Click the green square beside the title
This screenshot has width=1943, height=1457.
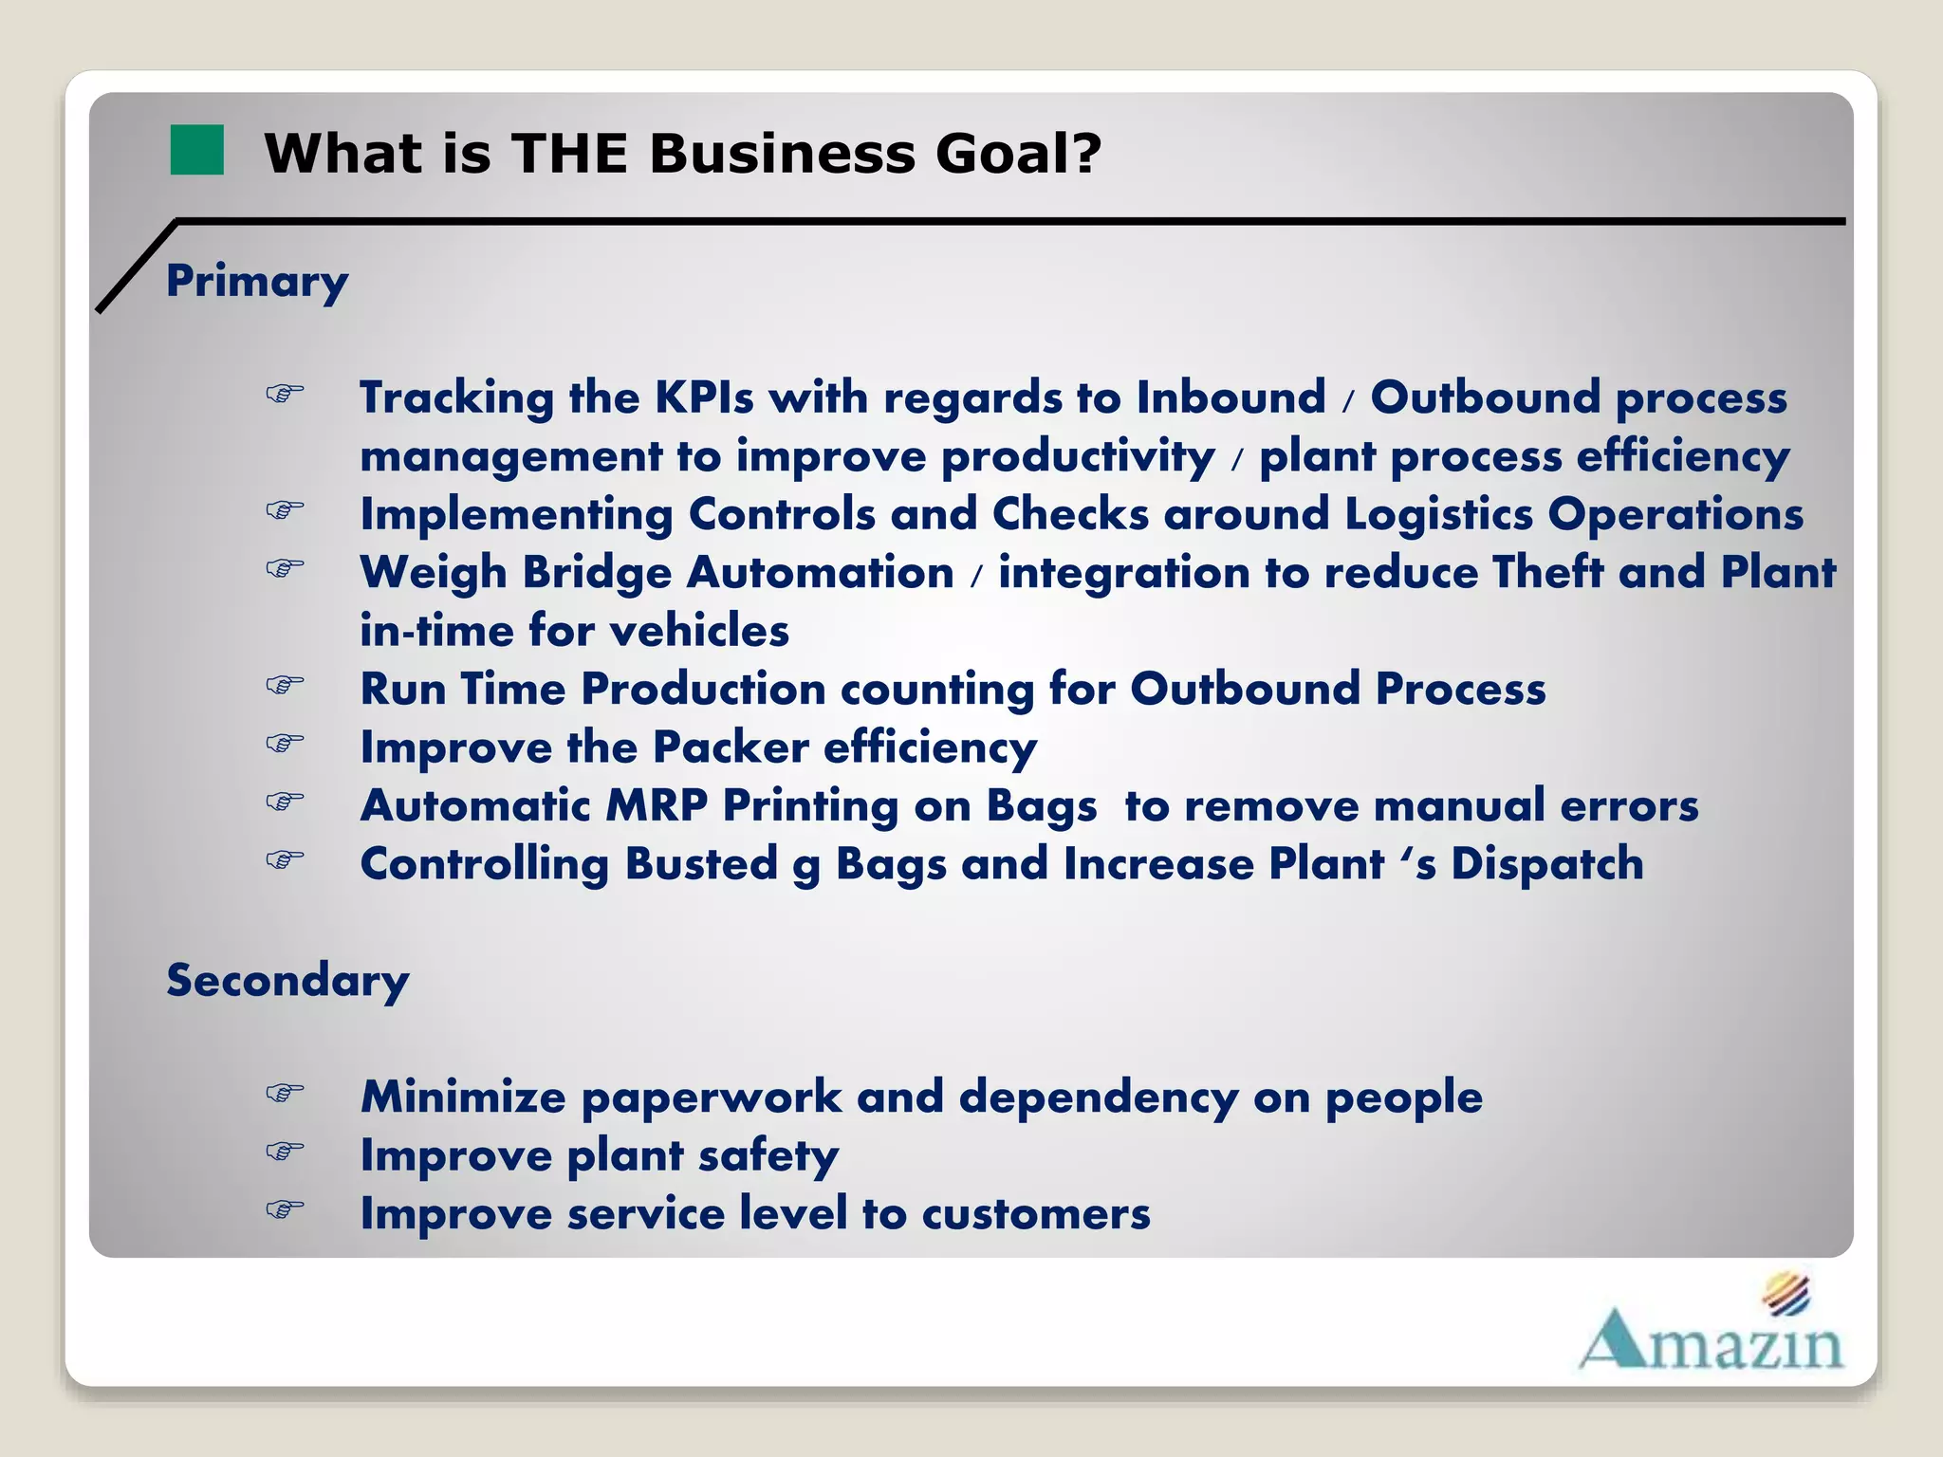(196, 150)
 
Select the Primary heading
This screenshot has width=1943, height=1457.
(257, 282)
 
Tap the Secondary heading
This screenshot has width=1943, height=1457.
(287, 981)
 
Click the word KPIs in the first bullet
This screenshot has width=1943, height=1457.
(704, 397)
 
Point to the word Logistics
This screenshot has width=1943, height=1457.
(1438, 515)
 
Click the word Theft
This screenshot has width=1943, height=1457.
(1547, 573)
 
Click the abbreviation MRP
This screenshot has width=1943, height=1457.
(657, 806)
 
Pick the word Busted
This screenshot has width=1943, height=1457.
(701, 864)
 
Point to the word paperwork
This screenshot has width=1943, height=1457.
(711, 1098)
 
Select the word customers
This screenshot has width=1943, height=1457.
(1036, 1214)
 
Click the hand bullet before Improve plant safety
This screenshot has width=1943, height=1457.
(285, 1152)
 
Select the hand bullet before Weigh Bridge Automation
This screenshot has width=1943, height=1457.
(285, 568)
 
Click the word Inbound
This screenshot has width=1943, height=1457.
(1231, 397)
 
